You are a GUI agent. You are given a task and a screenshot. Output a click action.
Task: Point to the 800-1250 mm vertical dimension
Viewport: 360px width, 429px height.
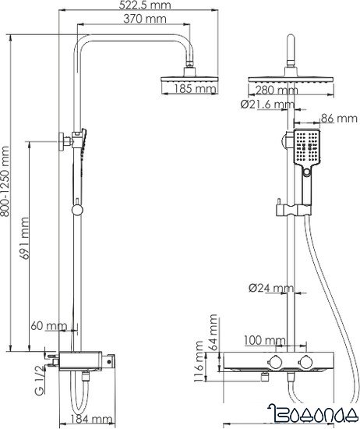8,182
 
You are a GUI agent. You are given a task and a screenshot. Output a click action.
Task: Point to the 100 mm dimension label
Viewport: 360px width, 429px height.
263,340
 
